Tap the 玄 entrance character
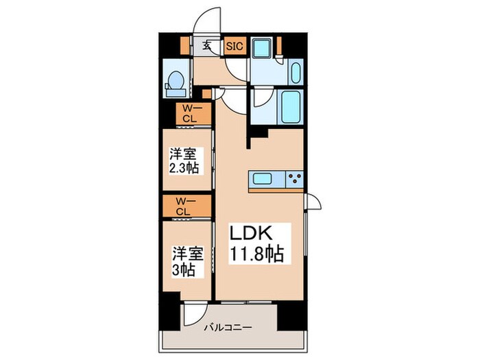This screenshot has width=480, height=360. click(205, 47)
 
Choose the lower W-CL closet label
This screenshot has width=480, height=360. click(182, 206)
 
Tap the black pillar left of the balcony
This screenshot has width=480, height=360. click(170, 315)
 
